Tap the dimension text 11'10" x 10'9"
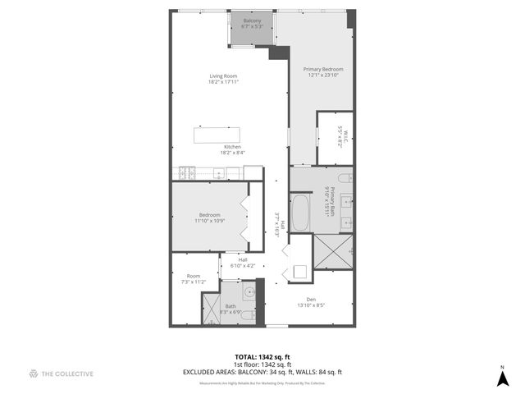tap(209, 221)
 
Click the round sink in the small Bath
tap(249, 291)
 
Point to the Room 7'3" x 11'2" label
tap(194, 278)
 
